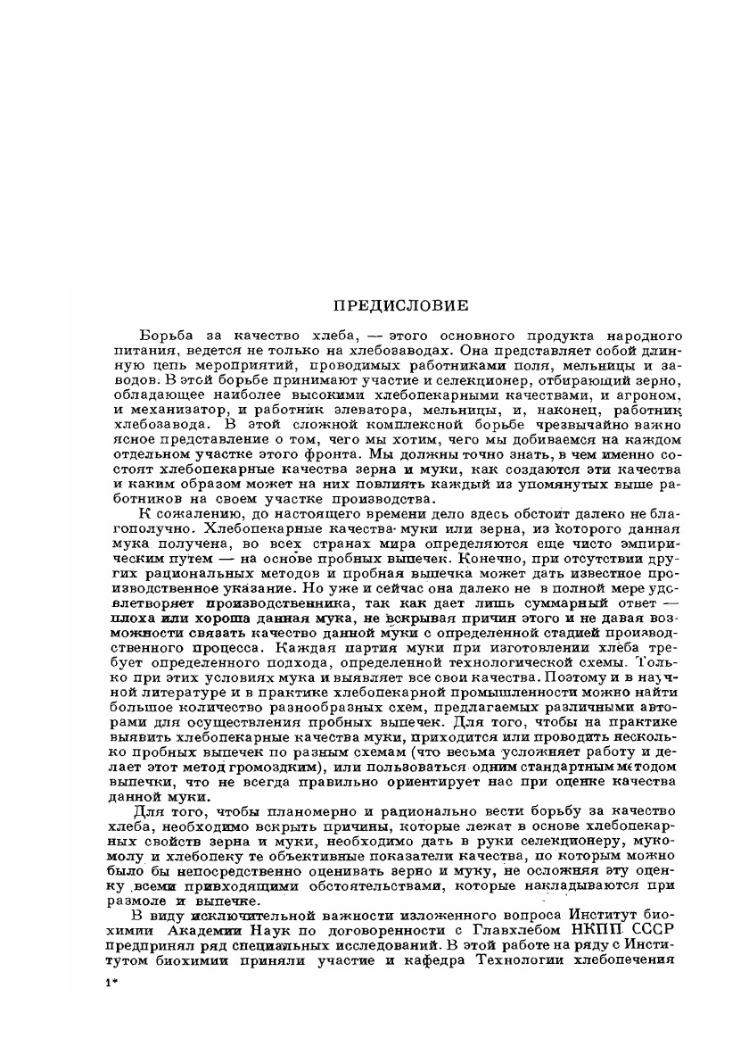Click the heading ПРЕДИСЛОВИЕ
(x=400, y=306)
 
